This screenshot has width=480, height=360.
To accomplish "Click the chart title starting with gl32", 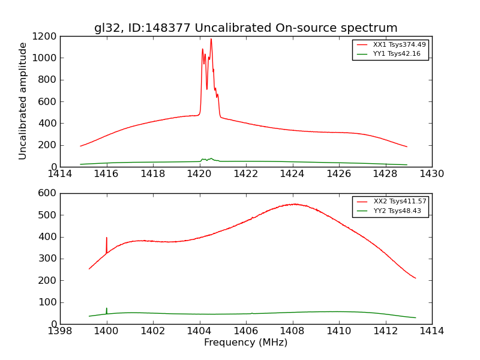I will point(245,28).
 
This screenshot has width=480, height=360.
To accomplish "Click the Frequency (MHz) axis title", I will point(245,343).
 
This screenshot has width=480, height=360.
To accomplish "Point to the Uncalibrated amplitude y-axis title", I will point(23,101).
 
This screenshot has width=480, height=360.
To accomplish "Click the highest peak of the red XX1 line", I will point(211,39).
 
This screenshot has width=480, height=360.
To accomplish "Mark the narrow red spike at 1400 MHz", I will point(107,238).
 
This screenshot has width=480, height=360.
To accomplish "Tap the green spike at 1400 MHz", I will point(107,309).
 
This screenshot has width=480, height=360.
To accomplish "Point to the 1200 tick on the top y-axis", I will point(46,36).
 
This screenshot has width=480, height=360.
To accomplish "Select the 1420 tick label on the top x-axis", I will point(199,174).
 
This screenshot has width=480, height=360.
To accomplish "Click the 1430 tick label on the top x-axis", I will point(431,174).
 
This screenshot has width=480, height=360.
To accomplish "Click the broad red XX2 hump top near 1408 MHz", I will point(294,204).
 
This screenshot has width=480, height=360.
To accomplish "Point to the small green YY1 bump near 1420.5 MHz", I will point(211,158).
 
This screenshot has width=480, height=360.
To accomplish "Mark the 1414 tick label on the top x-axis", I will point(60,174).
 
